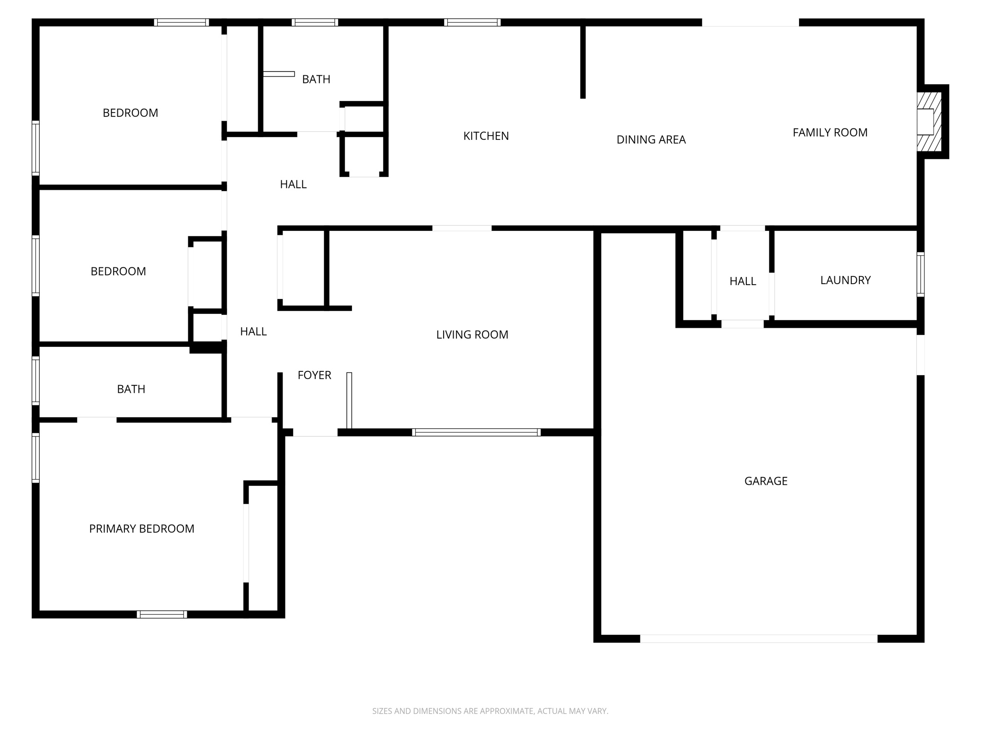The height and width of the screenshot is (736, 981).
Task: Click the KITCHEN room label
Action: click(486, 136)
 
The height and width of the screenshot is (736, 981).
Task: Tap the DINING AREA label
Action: click(651, 140)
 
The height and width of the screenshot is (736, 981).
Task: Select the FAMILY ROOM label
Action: click(830, 133)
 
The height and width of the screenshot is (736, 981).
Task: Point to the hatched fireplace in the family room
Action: click(929, 122)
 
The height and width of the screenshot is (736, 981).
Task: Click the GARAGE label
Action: click(765, 481)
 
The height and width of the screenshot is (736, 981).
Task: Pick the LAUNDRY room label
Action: click(845, 280)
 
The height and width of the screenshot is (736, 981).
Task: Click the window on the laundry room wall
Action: click(920, 274)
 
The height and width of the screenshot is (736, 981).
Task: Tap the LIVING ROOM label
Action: click(472, 335)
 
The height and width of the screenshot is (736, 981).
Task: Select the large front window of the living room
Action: click(476, 432)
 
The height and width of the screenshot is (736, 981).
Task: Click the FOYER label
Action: click(314, 375)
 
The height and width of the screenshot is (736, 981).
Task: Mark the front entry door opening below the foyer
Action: click(315, 432)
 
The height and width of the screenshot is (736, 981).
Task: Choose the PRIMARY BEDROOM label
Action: click(141, 529)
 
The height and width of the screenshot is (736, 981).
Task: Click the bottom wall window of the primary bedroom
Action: click(162, 614)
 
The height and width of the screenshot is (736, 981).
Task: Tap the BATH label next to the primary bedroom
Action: click(131, 389)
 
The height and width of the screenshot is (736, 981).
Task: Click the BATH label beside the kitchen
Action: click(316, 80)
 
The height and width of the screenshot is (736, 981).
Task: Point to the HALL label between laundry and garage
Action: click(742, 282)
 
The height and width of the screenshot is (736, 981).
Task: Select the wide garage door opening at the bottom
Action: click(758, 638)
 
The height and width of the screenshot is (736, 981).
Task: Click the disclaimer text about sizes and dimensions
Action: click(490, 711)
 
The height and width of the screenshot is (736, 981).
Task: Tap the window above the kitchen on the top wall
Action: click(472, 23)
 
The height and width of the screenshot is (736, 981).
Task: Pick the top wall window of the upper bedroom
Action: click(181, 23)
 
